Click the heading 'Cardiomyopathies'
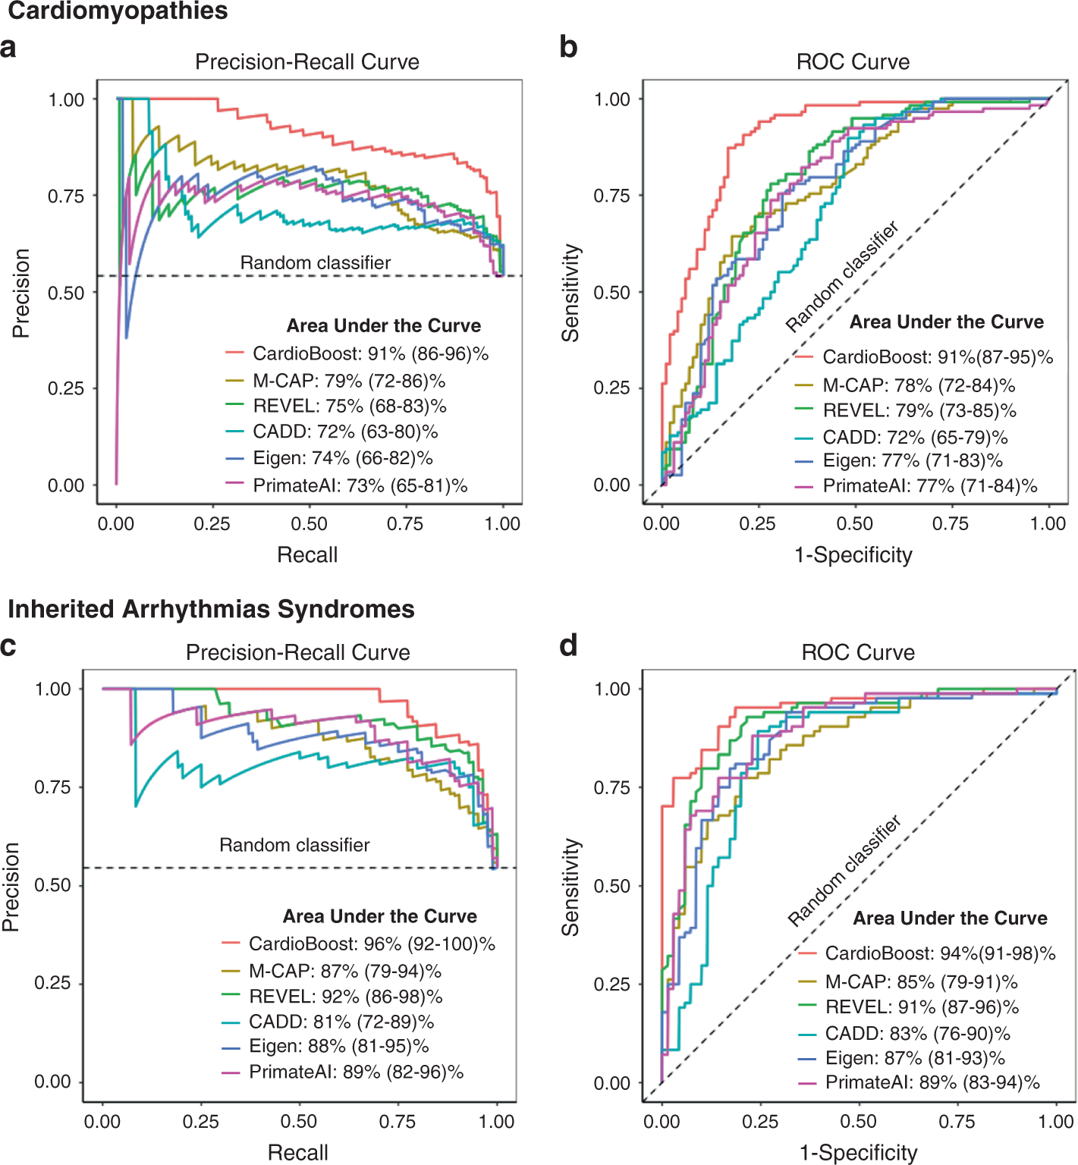coord(118,11)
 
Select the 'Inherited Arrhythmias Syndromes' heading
coord(211,609)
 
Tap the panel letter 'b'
coord(568,47)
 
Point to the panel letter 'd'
coord(568,645)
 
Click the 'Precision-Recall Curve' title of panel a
coord(307,61)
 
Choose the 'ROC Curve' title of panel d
coord(858,652)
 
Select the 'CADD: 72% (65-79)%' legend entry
coord(915,437)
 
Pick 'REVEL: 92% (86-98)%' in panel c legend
coord(345,996)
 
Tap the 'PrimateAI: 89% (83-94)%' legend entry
coord(932,1082)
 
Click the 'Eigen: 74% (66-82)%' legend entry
coord(342,458)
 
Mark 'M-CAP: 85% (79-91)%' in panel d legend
coord(921,981)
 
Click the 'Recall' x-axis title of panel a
coord(307,554)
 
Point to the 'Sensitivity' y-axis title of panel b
coord(570,293)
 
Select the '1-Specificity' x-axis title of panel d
coord(858,1153)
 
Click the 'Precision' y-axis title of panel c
coord(11,887)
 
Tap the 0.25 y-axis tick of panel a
coord(66,388)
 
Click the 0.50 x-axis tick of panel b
coord(854,523)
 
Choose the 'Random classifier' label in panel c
coord(294,845)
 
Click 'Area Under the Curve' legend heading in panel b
coord(946,322)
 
